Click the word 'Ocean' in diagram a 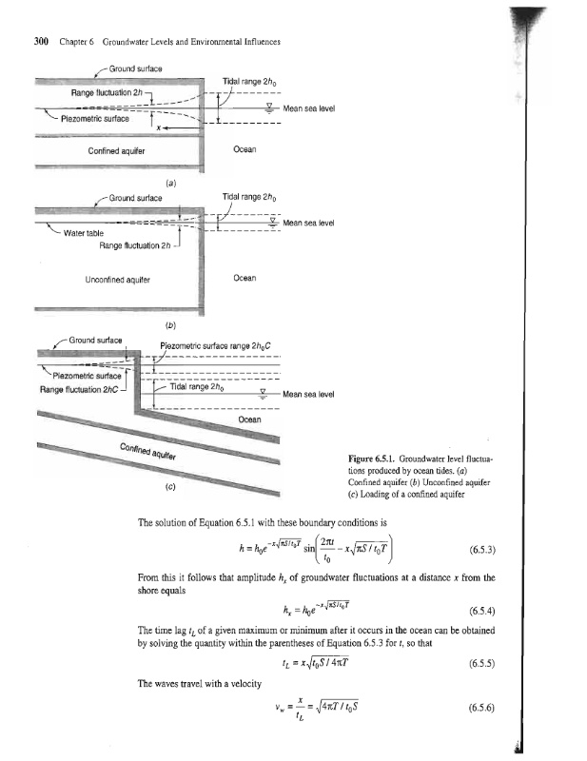tap(245, 149)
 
